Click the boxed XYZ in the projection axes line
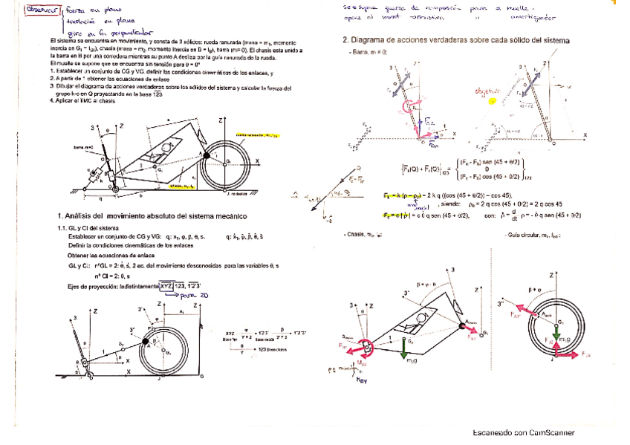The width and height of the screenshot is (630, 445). (169, 285)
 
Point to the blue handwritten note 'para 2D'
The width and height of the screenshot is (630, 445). (188, 295)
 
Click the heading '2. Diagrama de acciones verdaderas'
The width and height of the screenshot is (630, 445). (456, 39)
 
